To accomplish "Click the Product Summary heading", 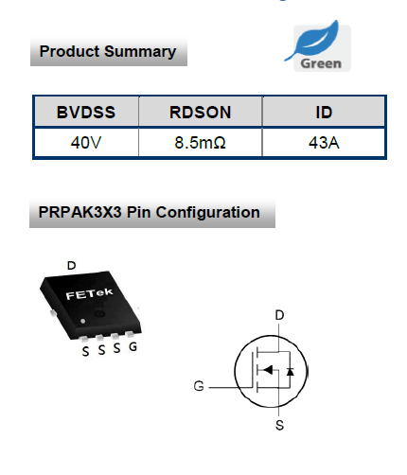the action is click(108, 51).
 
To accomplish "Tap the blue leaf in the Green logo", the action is click(315, 40).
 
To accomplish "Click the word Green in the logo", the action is click(321, 63).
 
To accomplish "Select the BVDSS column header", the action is click(86, 112).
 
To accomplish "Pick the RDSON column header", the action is click(201, 112).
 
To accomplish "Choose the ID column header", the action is click(324, 112).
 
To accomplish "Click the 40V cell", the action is click(86, 143).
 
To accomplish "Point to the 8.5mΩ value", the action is click(201, 143).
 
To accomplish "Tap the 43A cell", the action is click(324, 143).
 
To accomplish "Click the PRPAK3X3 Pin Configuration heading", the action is click(149, 212).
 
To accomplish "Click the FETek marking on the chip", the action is click(89, 294).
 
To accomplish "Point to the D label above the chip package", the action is click(72, 265).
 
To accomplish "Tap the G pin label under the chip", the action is click(133, 346).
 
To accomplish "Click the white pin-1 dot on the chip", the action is click(83, 321).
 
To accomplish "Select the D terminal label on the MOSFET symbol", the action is click(279, 315).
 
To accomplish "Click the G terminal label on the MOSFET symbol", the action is click(199, 386).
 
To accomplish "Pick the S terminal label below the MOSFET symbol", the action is click(279, 425).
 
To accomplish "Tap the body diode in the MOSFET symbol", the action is click(291, 372).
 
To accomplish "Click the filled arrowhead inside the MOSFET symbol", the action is click(268, 370).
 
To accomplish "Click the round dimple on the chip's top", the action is click(99, 313).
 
